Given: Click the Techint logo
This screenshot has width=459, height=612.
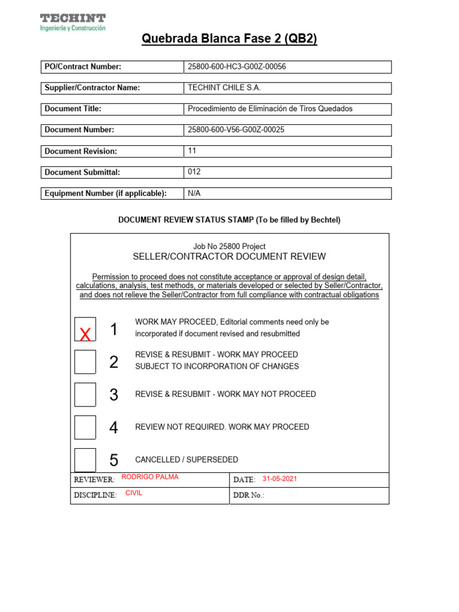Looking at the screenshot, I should pyautogui.click(x=73, y=22).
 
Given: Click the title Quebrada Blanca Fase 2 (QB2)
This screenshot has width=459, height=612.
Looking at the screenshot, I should pyautogui.click(x=229, y=39).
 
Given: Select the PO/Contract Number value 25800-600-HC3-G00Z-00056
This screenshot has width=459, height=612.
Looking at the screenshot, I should pyautogui.click(x=237, y=67).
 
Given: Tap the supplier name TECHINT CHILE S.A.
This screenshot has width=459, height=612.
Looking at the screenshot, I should pyautogui.click(x=224, y=88).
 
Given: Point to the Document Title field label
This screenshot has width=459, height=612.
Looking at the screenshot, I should pyautogui.click(x=73, y=109).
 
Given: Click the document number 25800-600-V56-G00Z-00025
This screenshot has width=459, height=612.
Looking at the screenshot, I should pyautogui.click(x=235, y=130).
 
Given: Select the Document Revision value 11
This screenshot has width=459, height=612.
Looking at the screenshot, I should pyautogui.click(x=192, y=151).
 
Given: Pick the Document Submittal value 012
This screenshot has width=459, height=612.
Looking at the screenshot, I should pyautogui.click(x=194, y=172).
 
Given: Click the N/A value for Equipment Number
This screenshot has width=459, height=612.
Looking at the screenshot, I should pyautogui.click(x=194, y=193).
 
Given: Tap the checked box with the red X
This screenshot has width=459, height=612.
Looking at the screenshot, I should pyautogui.click(x=85, y=330).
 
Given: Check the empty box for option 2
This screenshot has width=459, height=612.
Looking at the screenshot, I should pyautogui.click(x=85, y=362).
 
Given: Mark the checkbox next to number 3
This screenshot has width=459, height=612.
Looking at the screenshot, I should pyautogui.click(x=85, y=394).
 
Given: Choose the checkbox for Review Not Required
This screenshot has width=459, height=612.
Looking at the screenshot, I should pyautogui.click(x=85, y=427).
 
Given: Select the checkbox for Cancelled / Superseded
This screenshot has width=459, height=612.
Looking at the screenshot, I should pyautogui.click(x=85, y=460).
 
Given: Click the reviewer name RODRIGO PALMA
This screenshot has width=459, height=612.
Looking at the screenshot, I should pyautogui.click(x=149, y=477).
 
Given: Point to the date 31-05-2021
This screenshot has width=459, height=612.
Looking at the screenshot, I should pyautogui.click(x=280, y=479).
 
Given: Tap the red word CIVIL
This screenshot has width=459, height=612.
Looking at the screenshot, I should pyautogui.click(x=134, y=493).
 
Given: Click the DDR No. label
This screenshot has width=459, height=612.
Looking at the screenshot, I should pyautogui.click(x=248, y=495).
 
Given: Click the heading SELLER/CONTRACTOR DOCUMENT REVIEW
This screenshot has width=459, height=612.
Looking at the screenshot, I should pyautogui.click(x=229, y=256).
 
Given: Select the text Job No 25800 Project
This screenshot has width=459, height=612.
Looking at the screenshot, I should pyautogui.click(x=229, y=246).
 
